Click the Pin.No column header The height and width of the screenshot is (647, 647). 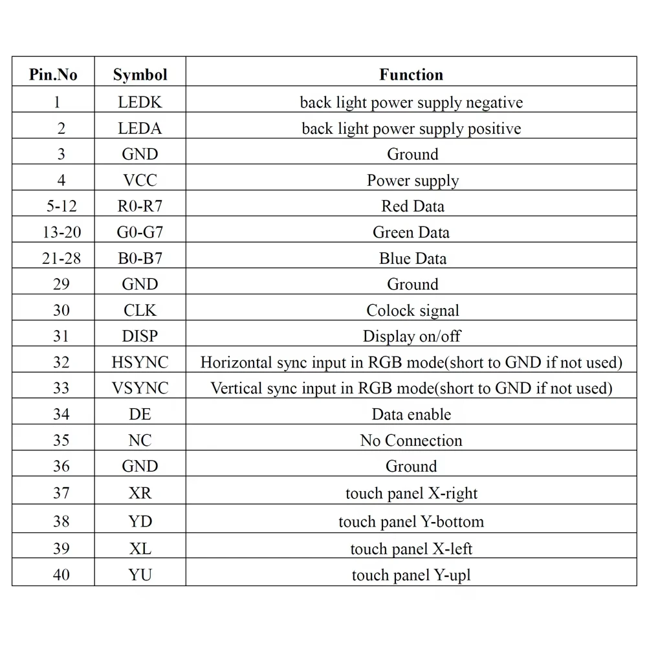coord(53,74)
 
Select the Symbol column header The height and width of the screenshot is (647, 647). coord(140,74)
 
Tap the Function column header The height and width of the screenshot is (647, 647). coord(411,74)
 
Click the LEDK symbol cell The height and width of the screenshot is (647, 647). coord(140,102)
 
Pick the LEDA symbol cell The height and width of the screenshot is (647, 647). coord(140,128)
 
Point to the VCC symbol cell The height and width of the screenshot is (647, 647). coord(140,180)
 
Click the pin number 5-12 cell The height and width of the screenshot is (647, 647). coord(61,206)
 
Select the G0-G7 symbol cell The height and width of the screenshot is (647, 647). coord(140,232)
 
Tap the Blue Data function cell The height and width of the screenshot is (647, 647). coord(412,258)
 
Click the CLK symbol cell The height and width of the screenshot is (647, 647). coord(140,310)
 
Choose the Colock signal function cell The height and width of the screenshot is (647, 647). coord(412,310)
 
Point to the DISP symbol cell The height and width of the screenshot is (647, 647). coord(140,336)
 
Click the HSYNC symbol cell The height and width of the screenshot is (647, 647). coord(140,362)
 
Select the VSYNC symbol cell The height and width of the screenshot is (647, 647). coord(140,388)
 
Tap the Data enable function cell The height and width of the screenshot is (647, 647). coord(411,414)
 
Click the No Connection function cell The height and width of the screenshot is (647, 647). coord(411,440)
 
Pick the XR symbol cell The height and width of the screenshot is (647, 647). coord(140,493)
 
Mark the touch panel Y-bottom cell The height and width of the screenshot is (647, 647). coord(411,521)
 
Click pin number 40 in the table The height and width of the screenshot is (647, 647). coord(61,575)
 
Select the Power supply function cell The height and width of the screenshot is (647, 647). coord(412,180)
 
